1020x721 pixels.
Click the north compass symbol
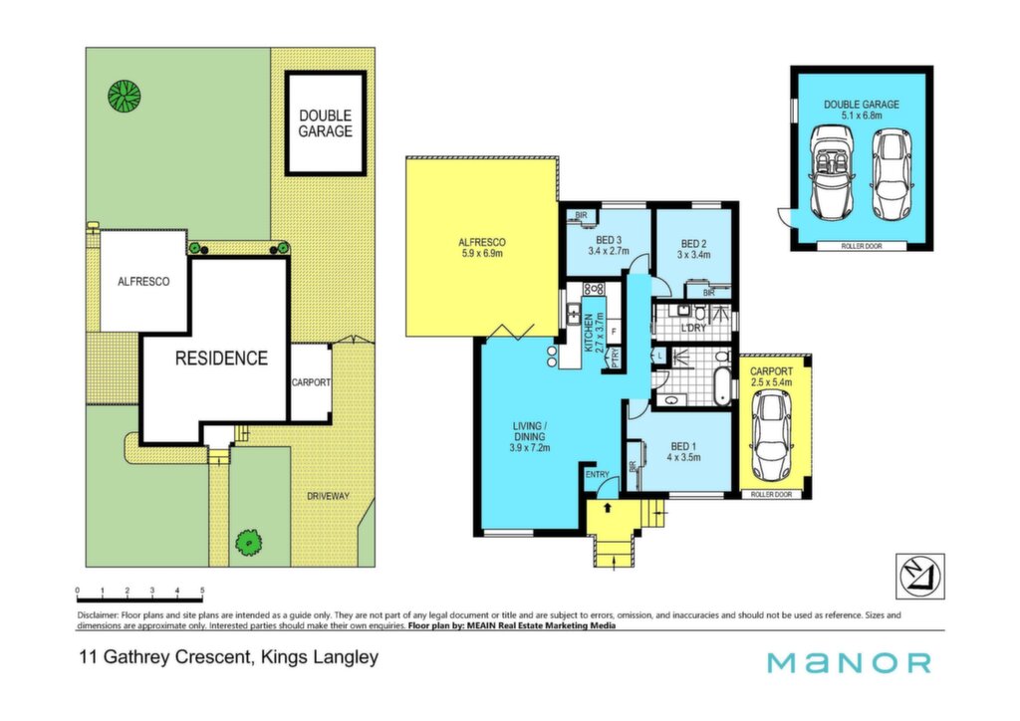(x=919, y=576)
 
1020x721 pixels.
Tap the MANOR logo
(x=849, y=663)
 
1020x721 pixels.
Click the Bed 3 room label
(x=609, y=245)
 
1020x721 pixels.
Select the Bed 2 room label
(x=693, y=250)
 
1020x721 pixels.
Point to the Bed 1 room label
(x=683, y=451)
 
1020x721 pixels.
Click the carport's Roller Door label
(x=772, y=495)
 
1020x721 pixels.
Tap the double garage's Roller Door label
(x=862, y=246)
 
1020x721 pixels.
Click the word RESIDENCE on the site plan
(x=221, y=359)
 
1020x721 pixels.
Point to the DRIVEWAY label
(x=328, y=496)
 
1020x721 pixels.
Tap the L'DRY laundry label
(x=693, y=329)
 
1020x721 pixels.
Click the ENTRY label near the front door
(x=598, y=475)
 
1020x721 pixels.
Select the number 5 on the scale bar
(x=202, y=591)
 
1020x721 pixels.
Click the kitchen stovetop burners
(x=594, y=288)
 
